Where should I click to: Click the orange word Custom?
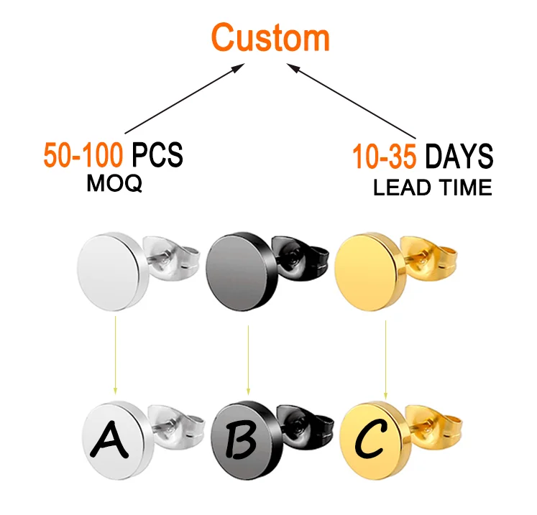click(270, 37)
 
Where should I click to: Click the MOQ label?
click(114, 184)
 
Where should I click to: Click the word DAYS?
click(458, 155)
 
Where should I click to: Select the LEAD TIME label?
click(432, 188)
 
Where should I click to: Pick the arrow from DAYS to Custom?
click(355, 101)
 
